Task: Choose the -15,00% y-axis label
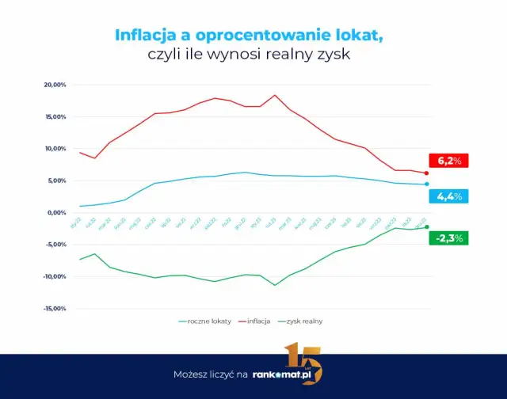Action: coord(53,309)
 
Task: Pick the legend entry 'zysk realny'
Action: coord(306,321)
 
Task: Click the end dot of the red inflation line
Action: coord(427,173)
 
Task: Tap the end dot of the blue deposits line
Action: coord(427,184)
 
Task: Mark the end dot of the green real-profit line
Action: coord(427,227)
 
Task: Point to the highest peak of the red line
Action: coord(275,95)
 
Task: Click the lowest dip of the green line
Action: coord(275,285)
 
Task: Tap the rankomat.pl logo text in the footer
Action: coord(286,374)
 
